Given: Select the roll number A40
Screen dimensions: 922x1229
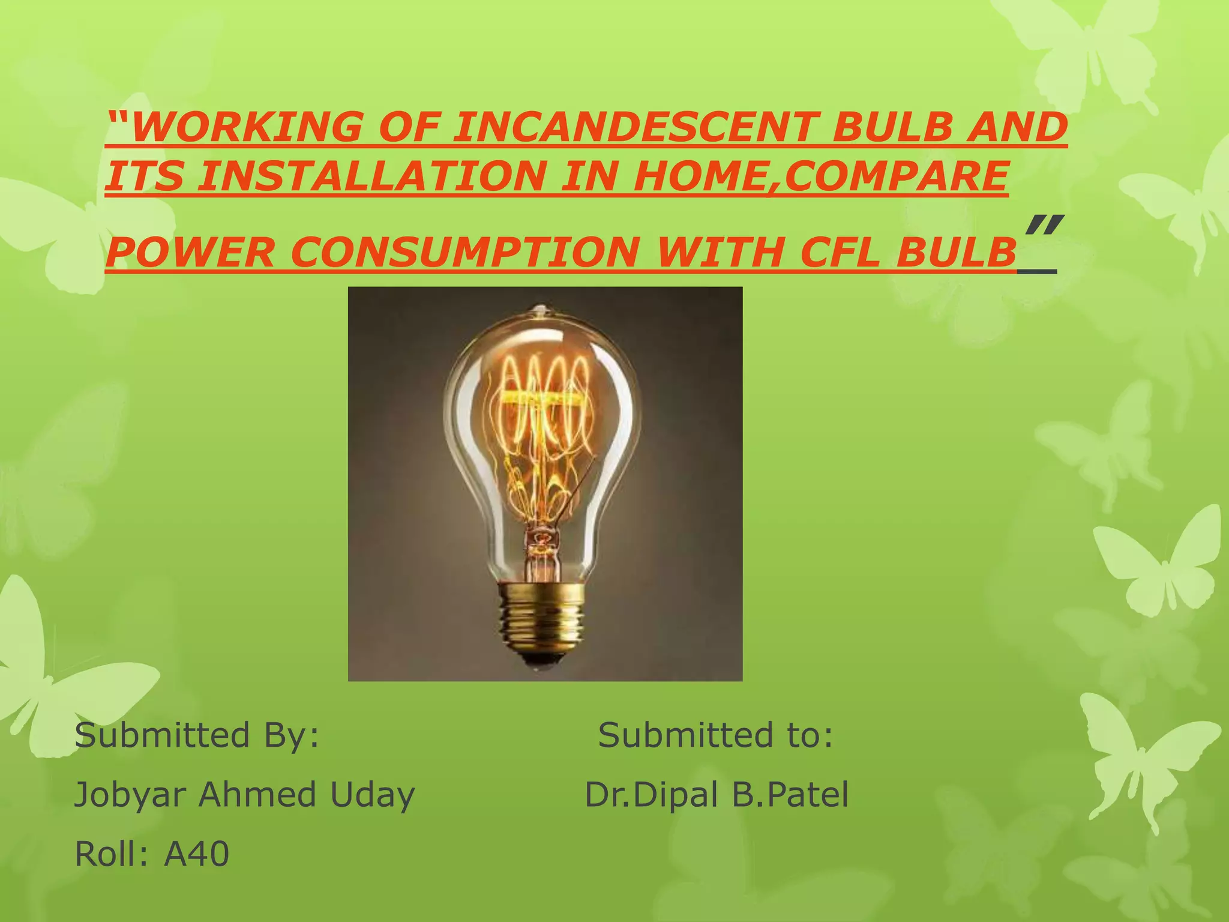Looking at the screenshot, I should [x=196, y=854].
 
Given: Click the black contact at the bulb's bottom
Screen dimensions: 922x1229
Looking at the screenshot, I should [x=542, y=660].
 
